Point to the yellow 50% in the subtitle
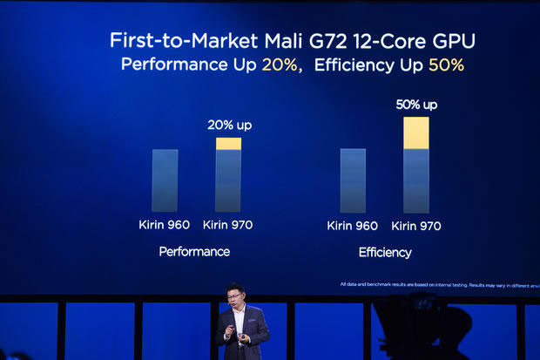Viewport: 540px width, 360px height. pyautogui.click(x=446, y=65)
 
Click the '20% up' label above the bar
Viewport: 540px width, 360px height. pyautogui.click(x=229, y=125)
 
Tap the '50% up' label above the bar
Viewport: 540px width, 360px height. pyautogui.click(x=416, y=105)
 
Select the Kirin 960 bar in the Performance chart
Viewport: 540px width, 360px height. pyautogui.click(x=165, y=180)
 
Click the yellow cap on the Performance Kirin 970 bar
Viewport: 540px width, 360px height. pyautogui.click(x=228, y=144)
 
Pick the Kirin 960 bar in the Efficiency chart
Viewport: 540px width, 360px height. pyautogui.click(x=353, y=180)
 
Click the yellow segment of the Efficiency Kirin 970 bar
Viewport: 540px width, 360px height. pyautogui.click(x=416, y=132)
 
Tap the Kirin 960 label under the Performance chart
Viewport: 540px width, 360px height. pyautogui.click(x=165, y=225)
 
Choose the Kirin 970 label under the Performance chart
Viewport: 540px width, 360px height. pyautogui.click(x=227, y=225)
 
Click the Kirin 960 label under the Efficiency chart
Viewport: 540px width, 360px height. pyautogui.click(x=352, y=226)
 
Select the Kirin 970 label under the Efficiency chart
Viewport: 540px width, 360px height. pyautogui.click(x=415, y=226)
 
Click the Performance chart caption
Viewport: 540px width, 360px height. pyautogui.click(x=194, y=251)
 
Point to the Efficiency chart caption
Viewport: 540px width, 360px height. pyautogui.click(x=385, y=252)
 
